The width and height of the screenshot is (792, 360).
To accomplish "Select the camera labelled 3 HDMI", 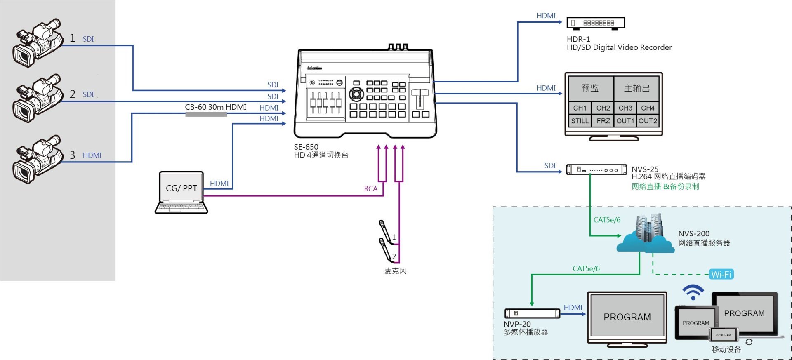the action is pyautogui.click(x=38, y=159).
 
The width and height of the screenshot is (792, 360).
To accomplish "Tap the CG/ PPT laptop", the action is pyautogui.click(x=181, y=193).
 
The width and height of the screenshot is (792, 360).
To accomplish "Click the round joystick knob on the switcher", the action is pyautogui.click(x=356, y=94).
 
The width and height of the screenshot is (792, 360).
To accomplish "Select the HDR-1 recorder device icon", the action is pyautogui.click(x=596, y=23).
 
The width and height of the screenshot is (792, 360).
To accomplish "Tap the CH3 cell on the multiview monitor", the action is pyautogui.click(x=625, y=108).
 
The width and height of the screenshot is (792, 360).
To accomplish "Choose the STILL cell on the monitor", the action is pyautogui.click(x=580, y=121).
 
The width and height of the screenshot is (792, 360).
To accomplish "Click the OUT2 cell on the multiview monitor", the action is pyautogui.click(x=648, y=121).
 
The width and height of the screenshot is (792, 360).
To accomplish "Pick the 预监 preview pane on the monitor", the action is pyautogui.click(x=591, y=88).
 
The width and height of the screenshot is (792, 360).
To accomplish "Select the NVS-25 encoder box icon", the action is pyautogui.click(x=596, y=169).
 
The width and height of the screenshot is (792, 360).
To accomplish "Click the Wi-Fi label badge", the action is pyautogui.click(x=721, y=274).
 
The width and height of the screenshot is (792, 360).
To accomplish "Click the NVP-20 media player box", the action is pyautogui.click(x=532, y=313).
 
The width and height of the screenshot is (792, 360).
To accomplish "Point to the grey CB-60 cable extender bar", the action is pyautogui.click(x=206, y=114).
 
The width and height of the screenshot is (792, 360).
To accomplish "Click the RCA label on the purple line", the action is pyautogui.click(x=370, y=189).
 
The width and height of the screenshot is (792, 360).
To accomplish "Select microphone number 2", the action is pyautogui.click(x=386, y=250).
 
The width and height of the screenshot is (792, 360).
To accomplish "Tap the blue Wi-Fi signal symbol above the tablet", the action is pyautogui.click(x=693, y=292).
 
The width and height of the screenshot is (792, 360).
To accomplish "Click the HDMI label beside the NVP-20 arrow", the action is pyautogui.click(x=573, y=308).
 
